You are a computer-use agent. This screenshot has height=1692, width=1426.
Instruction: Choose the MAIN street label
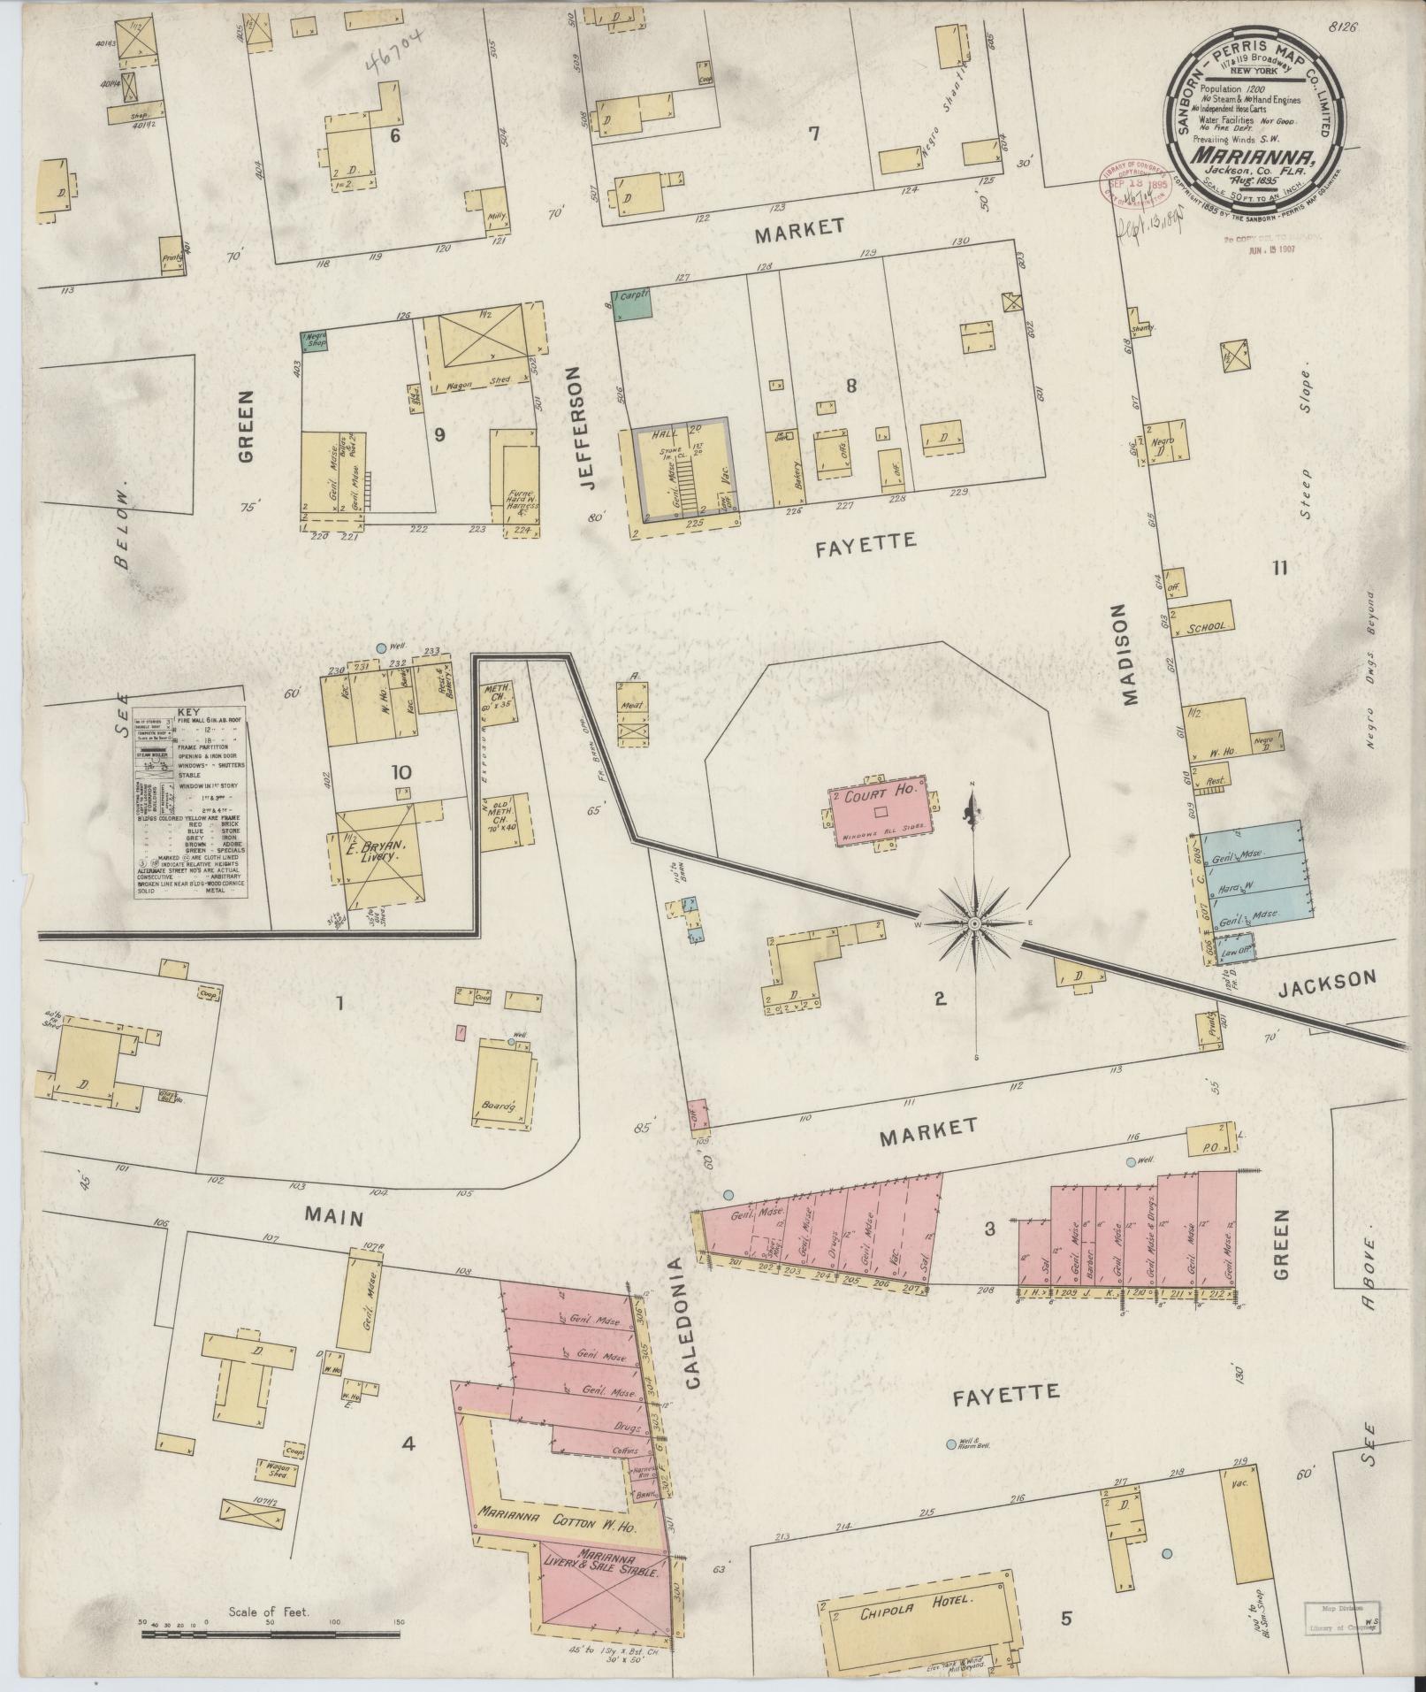(334, 1218)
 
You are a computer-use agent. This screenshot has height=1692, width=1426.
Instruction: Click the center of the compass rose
(973, 923)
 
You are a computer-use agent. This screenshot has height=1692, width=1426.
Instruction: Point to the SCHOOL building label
(1207, 627)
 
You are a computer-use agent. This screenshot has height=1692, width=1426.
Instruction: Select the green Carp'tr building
(633, 303)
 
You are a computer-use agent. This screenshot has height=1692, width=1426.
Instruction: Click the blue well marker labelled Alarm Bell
(950, 1444)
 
